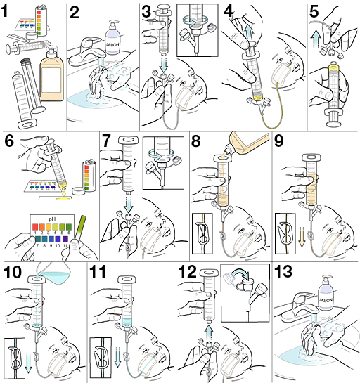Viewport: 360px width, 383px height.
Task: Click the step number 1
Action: click(4, 11)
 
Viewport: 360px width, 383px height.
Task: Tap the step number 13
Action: click(283, 272)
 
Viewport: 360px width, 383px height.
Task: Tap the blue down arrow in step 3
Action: click(164, 65)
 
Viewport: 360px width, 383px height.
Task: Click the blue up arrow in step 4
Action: click(249, 32)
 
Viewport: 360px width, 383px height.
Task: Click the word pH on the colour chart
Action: click(52, 219)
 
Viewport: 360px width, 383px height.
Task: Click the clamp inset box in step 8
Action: click(202, 234)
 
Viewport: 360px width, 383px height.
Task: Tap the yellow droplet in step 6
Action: click(64, 194)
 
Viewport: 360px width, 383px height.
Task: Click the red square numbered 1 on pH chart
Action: click(35, 227)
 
